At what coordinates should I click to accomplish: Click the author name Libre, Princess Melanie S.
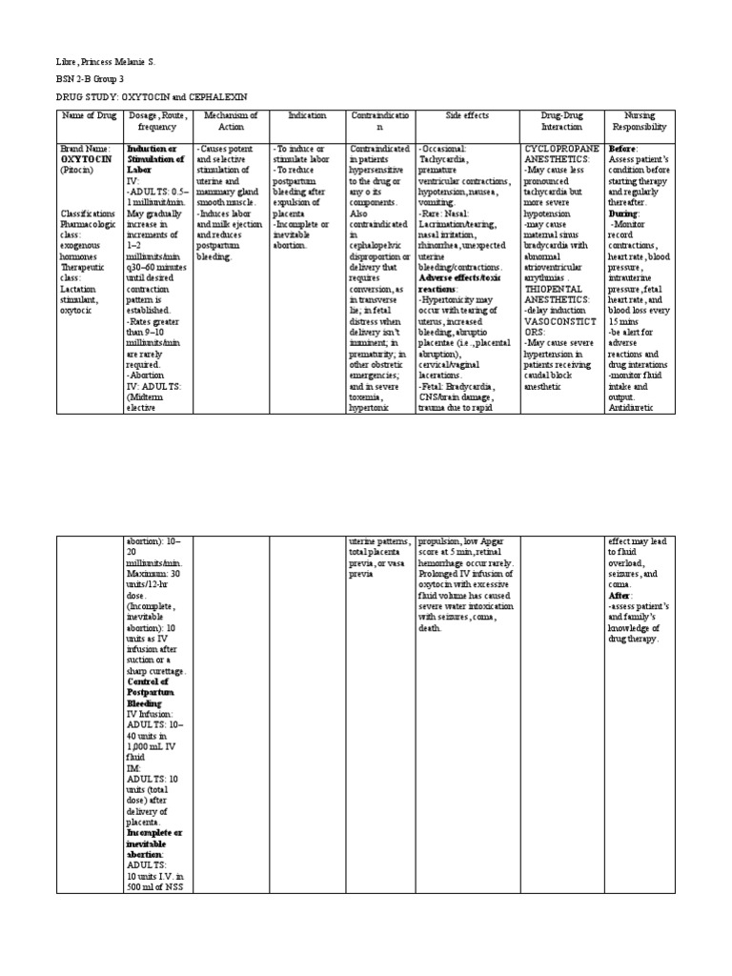[106, 62]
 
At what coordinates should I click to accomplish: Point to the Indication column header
[307, 115]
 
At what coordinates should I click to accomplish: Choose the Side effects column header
[467, 115]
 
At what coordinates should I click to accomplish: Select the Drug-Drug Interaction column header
[561, 121]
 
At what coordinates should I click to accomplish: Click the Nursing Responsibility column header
[640, 121]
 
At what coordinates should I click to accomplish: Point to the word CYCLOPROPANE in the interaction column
[562, 150]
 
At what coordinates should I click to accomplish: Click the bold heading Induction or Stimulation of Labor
[152, 155]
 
